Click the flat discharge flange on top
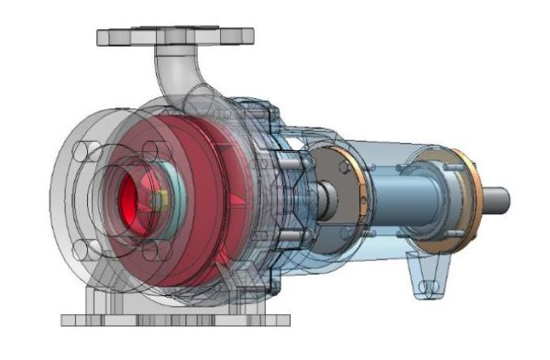tap(174, 37)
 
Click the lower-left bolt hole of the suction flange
tap(86, 247)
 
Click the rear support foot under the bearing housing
tap(427, 275)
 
